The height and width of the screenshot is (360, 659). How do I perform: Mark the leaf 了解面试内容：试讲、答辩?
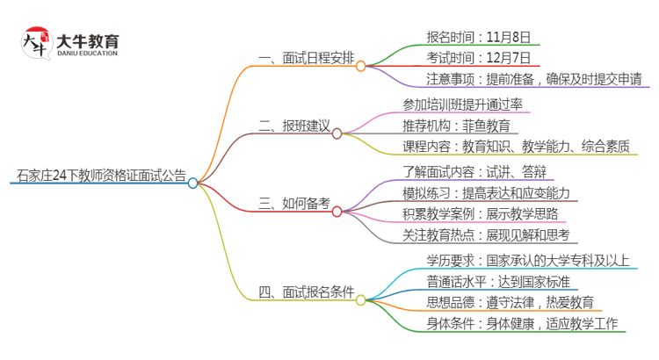[x=474, y=171]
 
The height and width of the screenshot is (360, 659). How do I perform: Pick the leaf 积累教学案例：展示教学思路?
[x=480, y=213]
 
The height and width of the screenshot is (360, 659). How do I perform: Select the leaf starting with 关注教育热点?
[x=486, y=234]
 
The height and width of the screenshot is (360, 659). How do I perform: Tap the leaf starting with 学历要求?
[x=528, y=260]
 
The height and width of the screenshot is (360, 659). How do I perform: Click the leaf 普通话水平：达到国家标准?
[x=498, y=282]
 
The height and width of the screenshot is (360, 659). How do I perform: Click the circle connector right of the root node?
[x=193, y=183]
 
